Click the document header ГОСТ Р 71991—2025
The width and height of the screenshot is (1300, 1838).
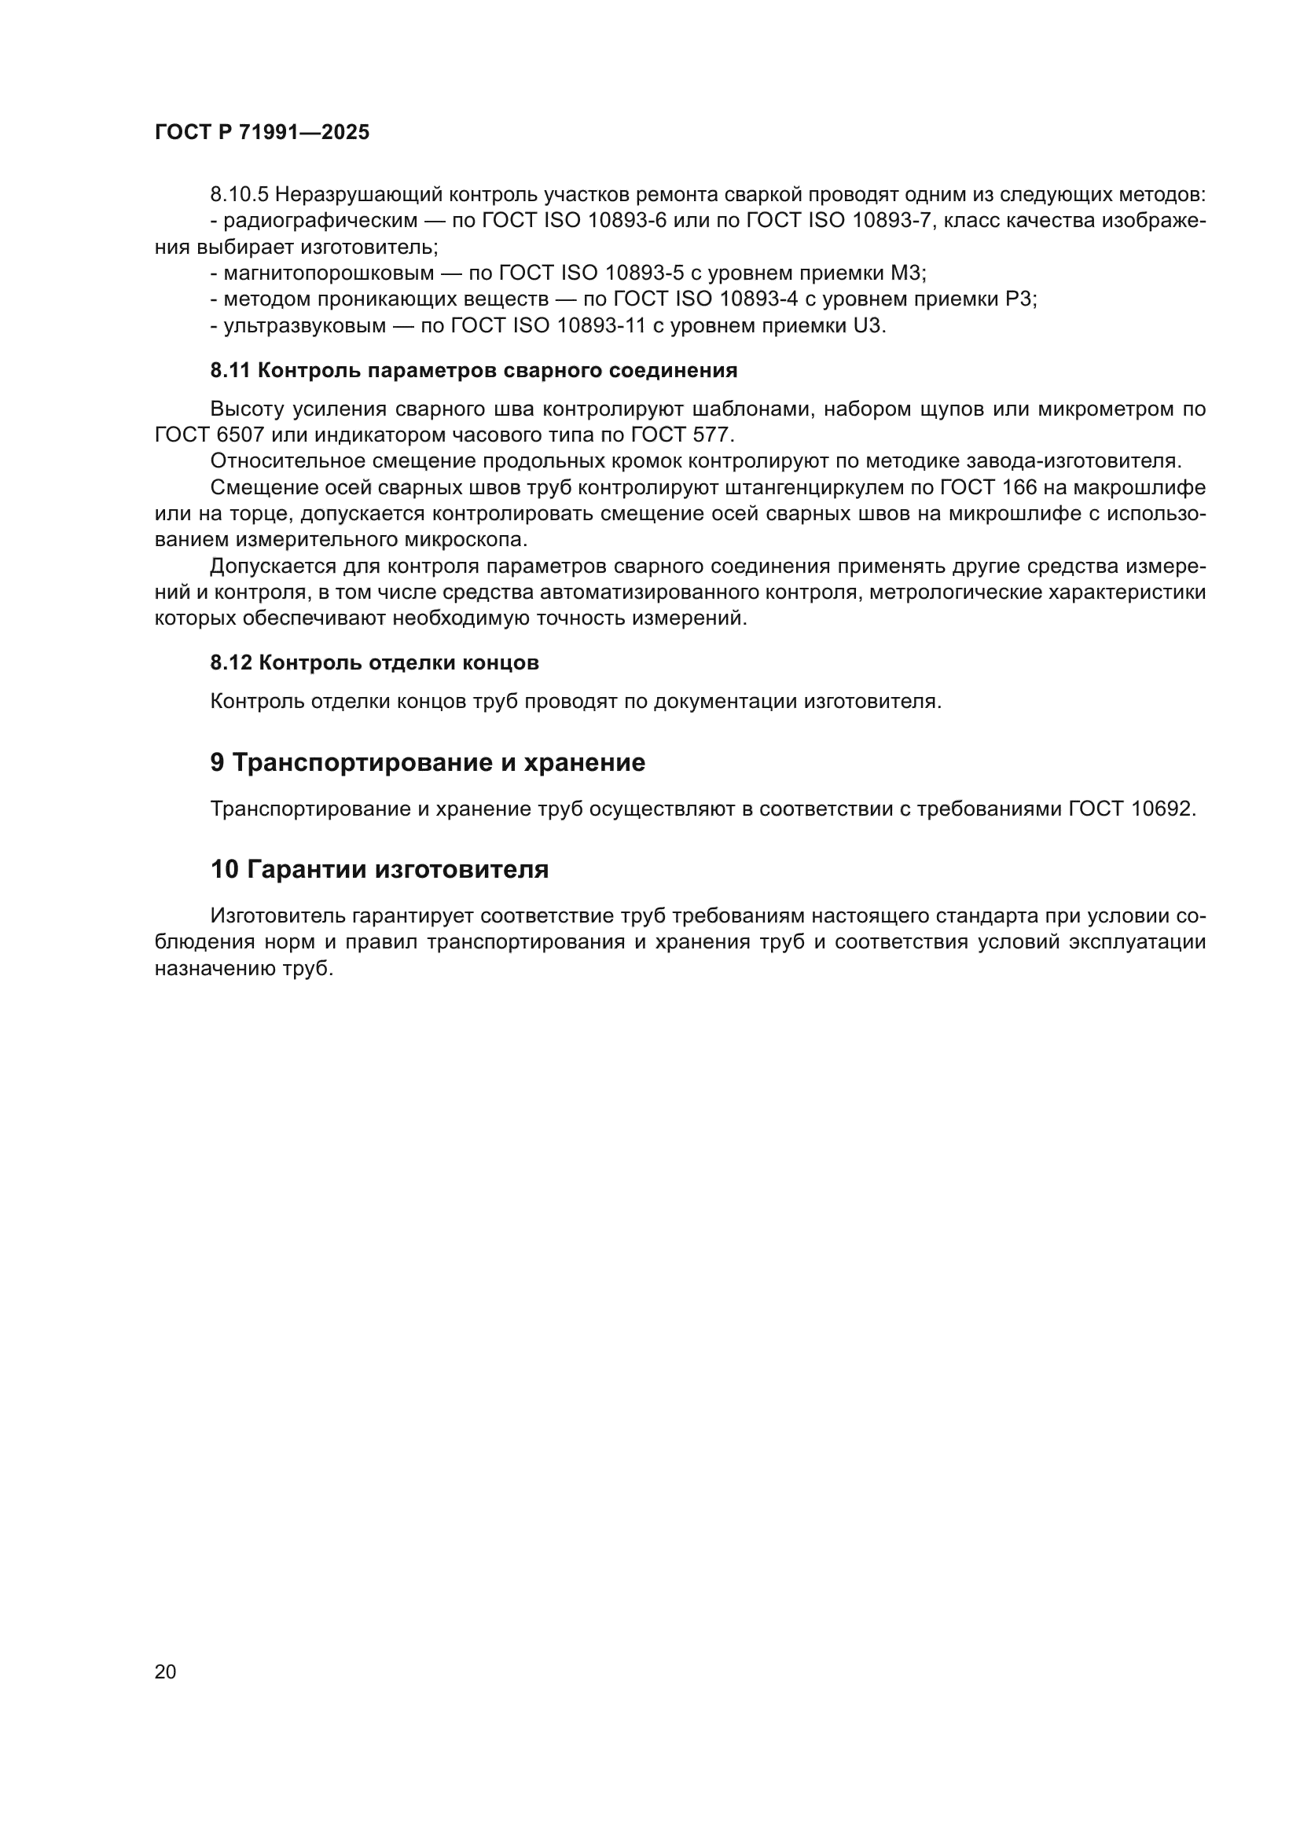pyautogui.click(x=262, y=132)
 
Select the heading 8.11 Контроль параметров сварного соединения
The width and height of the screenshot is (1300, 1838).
pyautogui.click(x=473, y=371)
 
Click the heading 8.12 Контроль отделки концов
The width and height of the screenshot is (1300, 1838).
pyautogui.click(x=374, y=663)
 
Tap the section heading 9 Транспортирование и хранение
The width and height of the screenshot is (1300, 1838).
pyautogui.click(x=427, y=763)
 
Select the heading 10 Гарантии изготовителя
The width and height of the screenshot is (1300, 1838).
pyautogui.click(x=379, y=869)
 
